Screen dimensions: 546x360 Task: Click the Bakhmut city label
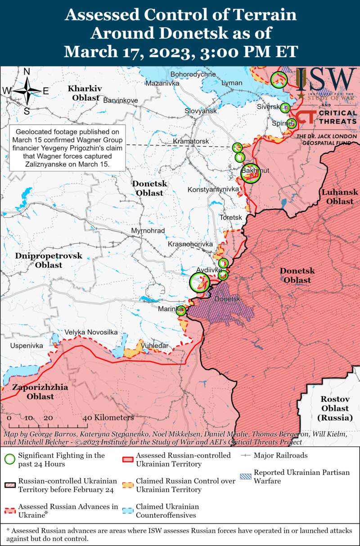pyautogui.click(x=255, y=170)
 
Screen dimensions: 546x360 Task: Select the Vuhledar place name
pyautogui.click(x=155, y=345)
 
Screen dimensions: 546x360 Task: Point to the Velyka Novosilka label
pyautogui.click(x=91, y=332)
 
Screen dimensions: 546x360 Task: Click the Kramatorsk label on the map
pyautogui.click(x=191, y=142)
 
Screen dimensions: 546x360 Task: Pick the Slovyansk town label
pyautogui.click(x=201, y=111)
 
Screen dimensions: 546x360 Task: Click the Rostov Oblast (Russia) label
pyautogui.click(x=335, y=408)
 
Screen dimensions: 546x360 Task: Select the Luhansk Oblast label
pyautogui.click(x=340, y=197)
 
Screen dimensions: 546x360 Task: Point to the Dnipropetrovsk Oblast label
pyautogui.click(x=49, y=260)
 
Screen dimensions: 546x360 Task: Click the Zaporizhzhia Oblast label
pyautogui.click(x=40, y=391)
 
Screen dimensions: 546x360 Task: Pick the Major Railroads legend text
pyautogui.click(x=280, y=455)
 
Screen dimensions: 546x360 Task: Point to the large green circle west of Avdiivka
pyautogui.click(x=199, y=282)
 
